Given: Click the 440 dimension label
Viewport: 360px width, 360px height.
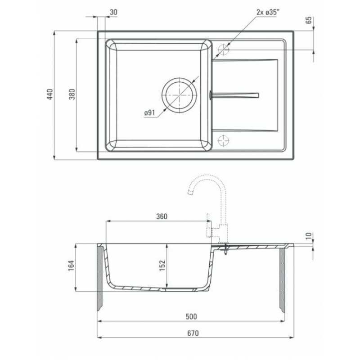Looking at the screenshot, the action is (x=50, y=94).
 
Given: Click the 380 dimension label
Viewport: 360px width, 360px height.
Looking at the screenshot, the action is (x=72, y=94).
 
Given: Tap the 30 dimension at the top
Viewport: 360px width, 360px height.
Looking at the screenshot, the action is (x=113, y=12).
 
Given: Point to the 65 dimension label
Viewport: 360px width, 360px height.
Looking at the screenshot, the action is (x=309, y=20).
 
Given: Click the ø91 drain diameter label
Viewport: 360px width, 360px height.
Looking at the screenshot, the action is (x=149, y=113).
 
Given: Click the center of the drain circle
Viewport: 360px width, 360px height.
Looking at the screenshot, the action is (x=179, y=95).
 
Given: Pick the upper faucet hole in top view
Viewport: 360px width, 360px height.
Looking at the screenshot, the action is (x=224, y=49).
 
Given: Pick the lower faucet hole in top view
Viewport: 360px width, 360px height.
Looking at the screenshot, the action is (x=224, y=140).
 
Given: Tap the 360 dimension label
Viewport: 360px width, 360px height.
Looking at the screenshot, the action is (x=162, y=216).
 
